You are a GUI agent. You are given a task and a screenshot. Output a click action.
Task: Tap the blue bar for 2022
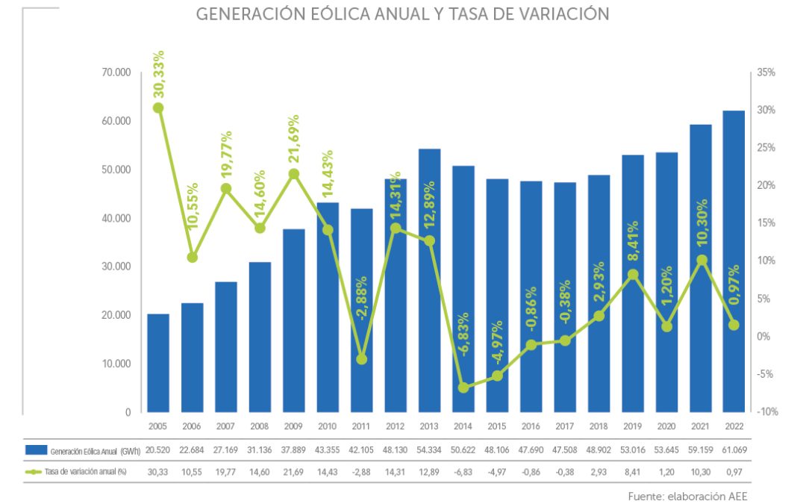[x=734, y=261]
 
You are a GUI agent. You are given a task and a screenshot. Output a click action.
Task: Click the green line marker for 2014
[x=463, y=388]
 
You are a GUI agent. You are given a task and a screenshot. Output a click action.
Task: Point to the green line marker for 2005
[x=158, y=108]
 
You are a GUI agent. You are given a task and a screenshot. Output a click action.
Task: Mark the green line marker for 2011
[x=362, y=359]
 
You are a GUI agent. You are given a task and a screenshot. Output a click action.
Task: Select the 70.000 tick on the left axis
[x=116, y=72]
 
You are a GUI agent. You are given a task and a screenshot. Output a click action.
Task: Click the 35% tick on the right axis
[x=766, y=72]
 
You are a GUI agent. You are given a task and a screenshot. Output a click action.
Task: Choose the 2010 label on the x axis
[x=328, y=426]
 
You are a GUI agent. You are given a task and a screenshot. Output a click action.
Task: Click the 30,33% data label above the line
[x=159, y=75]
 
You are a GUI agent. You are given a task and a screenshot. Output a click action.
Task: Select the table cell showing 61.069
[x=734, y=449]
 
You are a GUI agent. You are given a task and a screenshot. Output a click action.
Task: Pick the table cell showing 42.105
[x=362, y=449]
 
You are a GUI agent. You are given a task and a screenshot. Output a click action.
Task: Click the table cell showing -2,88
[x=362, y=473]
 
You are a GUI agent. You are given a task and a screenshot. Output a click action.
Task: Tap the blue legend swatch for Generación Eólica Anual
[x=36, y=449]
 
